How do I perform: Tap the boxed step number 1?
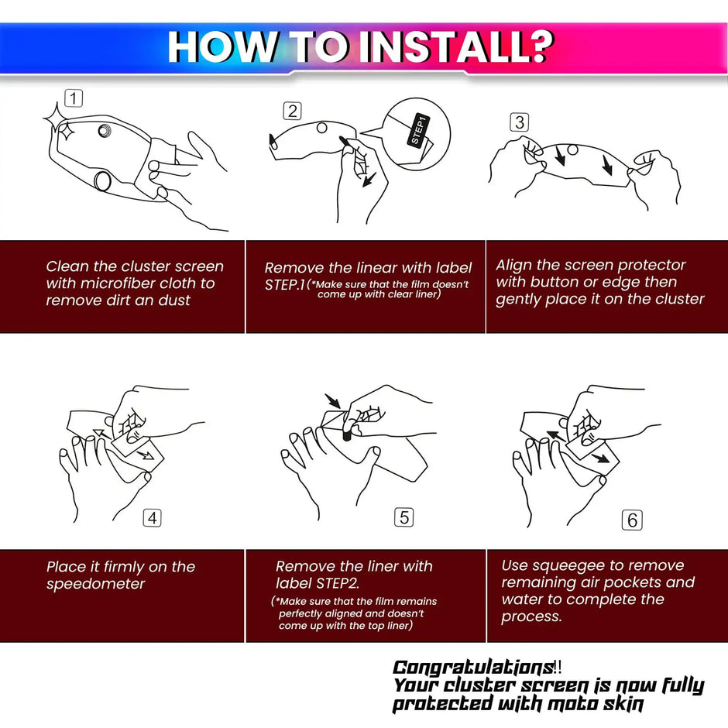click(x=74, y=98)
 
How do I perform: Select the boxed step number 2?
click(x=293, y=112)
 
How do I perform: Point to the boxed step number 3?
click(x=520, y=122)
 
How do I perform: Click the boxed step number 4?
click(x=153, y=517)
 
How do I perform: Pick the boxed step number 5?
click(x=404, y=517)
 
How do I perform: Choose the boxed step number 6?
click(x=633, y=520)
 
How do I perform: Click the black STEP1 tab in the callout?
click(x=418, y=130)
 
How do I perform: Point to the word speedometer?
click(x=96, y=584)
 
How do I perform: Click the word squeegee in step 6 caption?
click(x=568, y=566)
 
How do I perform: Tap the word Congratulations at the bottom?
click(x=473, y=668)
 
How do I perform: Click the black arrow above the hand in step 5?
click(x=333, y=401)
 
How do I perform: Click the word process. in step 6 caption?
click(x=531, y=617)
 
